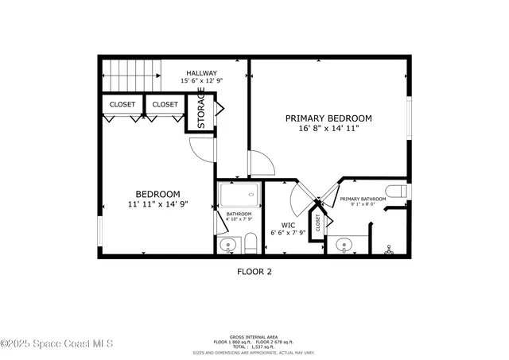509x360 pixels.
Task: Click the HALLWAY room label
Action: tap(201, 73)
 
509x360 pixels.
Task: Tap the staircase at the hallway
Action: tap(131, 76)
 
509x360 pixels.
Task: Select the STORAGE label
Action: tap(201, 108)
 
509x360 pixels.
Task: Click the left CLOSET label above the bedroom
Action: tap(122, 104)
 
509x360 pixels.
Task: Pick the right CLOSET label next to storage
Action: tap(165, 104)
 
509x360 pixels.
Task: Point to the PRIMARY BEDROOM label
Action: tap(328, 118)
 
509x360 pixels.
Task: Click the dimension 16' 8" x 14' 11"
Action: tap(328, 128)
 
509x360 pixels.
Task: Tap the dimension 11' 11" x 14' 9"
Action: tap(157, 204)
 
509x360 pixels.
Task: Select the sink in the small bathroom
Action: tap(228, 246)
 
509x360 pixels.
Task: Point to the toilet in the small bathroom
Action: tap(250, 244)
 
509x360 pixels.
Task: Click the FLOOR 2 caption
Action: tap(254, 271)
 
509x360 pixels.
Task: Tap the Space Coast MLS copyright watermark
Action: tap(57, 343)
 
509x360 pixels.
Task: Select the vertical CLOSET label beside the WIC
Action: tap(318, 222)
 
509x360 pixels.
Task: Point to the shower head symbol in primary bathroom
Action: tap(389, 249)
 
